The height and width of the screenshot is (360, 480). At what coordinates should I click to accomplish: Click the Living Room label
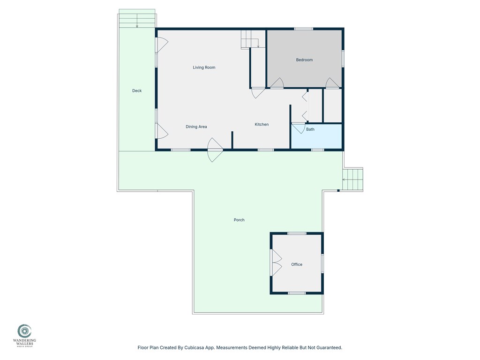point(204,67)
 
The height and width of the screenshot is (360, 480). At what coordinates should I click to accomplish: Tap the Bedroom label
point(304,60)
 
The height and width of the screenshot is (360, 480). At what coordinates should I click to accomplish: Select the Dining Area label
point(196,127)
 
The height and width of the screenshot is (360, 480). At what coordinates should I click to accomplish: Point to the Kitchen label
point(262,124)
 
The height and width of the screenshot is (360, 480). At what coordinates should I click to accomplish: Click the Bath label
point(310,129)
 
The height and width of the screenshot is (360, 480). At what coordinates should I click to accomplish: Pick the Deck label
point(136,90)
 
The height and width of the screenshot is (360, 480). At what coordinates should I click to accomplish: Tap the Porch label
point(239,220)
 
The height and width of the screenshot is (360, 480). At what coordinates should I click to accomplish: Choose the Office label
point(297,264)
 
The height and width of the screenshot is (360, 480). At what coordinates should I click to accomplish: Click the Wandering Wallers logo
point(24,331)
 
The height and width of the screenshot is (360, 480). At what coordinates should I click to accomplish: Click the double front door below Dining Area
point(215,150)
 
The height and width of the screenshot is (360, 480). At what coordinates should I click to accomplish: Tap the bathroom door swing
point(298,127)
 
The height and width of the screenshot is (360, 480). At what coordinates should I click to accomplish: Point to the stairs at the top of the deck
point(137,19)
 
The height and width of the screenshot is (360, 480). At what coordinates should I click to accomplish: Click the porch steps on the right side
point(352,179)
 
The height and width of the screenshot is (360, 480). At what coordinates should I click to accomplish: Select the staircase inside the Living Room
point(251,39)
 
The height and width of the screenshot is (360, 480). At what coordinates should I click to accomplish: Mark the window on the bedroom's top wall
point(304,29)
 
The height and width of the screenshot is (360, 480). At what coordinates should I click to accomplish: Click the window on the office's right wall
point(322,263)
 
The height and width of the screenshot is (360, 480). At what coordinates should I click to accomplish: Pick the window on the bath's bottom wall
point(317,150)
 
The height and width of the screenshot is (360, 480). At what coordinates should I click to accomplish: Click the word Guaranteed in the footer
point(328,348)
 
